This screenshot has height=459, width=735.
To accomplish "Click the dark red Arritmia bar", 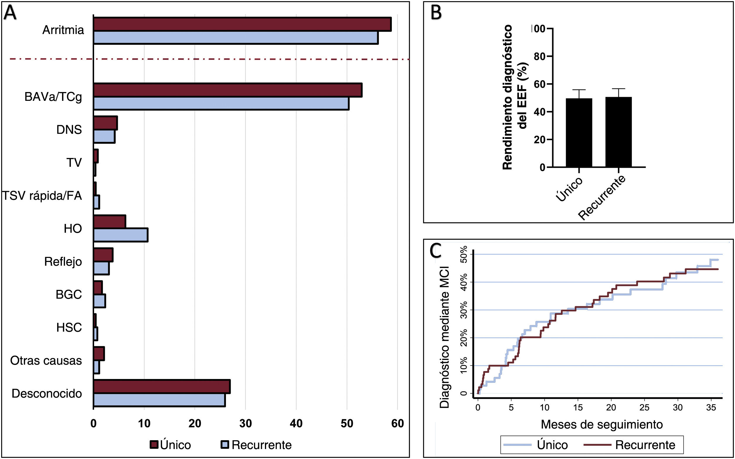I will click(x=242, y=24).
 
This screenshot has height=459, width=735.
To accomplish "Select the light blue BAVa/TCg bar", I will click(x=221, y=103).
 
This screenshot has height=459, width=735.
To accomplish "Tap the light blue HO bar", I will click(x=121, y=235).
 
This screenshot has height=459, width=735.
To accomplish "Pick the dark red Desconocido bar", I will click(x=162, y=386).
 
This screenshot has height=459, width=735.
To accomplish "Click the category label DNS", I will click(x=69, y=130).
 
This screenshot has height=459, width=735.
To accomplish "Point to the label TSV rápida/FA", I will click(x=42, y=196).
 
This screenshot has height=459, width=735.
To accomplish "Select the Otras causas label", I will click(x=46, y=361).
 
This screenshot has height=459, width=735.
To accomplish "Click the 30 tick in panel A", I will click(x=245, y=424).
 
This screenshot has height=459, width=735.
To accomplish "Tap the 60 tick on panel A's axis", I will click(x=397, y=424).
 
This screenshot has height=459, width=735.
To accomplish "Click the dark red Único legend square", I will click(x=154, y=444).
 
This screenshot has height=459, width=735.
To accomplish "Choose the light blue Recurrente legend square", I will click(x=224, y=444).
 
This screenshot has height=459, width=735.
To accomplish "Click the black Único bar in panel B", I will click(x=579, y=133).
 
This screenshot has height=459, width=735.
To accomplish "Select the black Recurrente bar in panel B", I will click(x=618, y=132).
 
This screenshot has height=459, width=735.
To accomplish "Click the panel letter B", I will click(x=436, y=13).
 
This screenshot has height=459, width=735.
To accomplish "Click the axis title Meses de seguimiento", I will click(x=601, y=424).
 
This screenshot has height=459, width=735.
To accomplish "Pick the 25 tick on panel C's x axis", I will click(x=644, y=407).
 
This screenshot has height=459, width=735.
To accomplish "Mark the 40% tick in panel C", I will click(x=464, y=282).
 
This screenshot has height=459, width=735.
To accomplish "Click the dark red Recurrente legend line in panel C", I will click(x=597, y=445).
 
